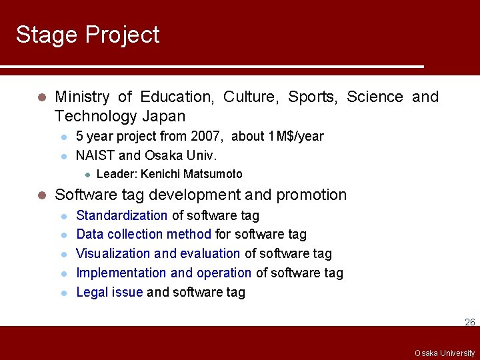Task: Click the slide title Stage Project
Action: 87,35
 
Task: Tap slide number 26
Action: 469,323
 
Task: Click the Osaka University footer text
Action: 445,353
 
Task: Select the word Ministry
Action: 82,97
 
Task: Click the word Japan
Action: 163,117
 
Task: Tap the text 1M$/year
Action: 295,137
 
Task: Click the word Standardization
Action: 121,215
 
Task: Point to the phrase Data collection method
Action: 143,235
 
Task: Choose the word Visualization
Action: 113,254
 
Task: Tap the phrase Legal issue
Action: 109,293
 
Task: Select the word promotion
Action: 311,195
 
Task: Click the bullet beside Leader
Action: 87,175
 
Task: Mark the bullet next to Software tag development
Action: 41,195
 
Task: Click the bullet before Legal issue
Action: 64,293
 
